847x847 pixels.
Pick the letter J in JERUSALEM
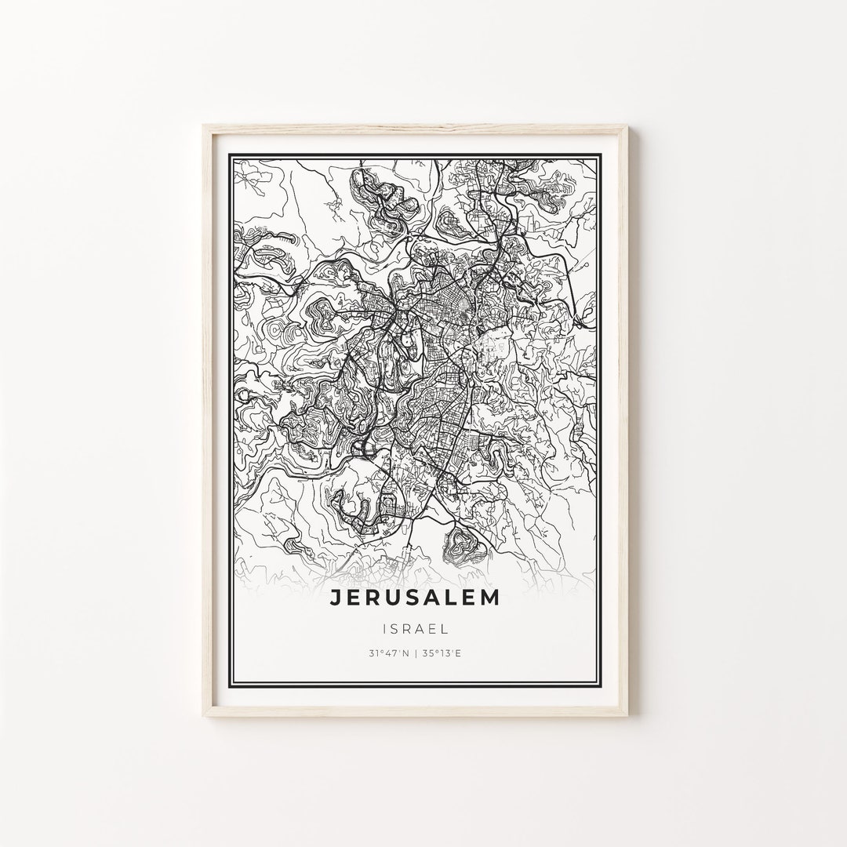click(x=335, y=598)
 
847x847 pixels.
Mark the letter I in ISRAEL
click(x=386, y=628)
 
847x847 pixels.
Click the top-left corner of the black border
click(x=229, y=154)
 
